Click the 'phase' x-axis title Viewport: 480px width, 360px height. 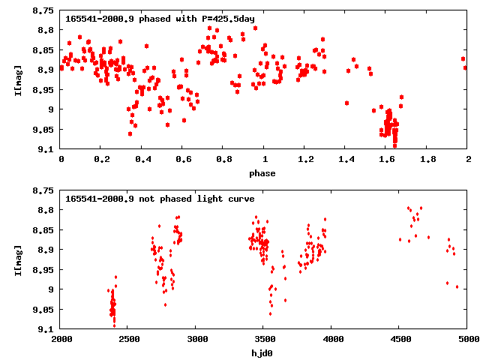[263, 173]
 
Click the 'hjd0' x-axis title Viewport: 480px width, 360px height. [263, 353]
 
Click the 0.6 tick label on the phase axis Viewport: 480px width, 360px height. [182, 160]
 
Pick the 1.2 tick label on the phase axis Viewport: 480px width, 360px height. [304, 160]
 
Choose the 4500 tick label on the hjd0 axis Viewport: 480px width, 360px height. [400, 340]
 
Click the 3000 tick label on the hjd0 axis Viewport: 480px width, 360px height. [196, 340]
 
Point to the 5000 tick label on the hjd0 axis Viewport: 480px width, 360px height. [466, 340]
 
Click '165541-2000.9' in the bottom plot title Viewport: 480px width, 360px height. [94, 199]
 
